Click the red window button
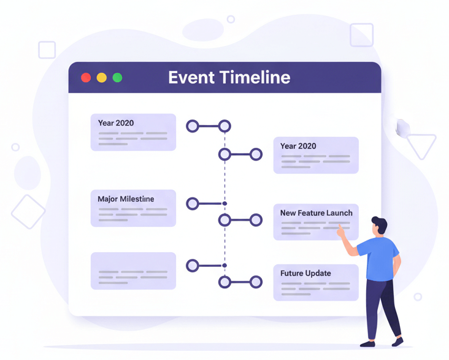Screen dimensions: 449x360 tap(86, 78)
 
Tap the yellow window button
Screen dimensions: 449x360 tap(102, 78)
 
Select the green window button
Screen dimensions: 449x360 tap(117, 78)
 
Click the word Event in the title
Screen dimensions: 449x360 tap(191, 77)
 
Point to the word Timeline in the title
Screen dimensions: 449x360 tap(255, 77)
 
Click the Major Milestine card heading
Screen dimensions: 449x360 tap(126, 199)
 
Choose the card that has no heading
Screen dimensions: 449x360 tap(133, 270)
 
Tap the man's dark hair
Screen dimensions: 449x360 tap(380, 224)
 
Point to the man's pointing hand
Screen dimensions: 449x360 tap(341, 231)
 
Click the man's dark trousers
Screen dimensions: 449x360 tap(383, 309)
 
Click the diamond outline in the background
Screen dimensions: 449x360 tap(28, 212)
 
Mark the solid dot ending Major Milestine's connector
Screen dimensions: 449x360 tap(224, 204)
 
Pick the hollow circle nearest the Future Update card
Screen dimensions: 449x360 tap(256, 282)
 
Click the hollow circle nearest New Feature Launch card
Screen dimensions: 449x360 tap(256, 220)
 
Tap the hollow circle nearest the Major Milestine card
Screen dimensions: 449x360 tap(193, 204)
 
